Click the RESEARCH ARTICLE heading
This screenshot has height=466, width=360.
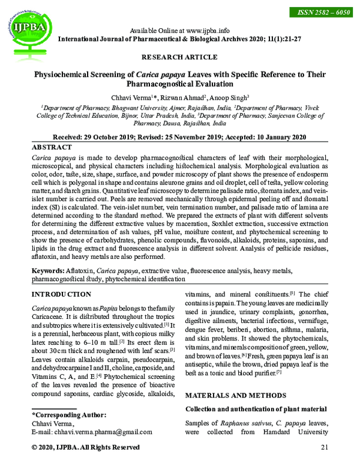[179, 57]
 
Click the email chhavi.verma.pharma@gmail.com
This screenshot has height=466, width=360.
[103, 432]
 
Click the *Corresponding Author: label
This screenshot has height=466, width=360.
[69, 415]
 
